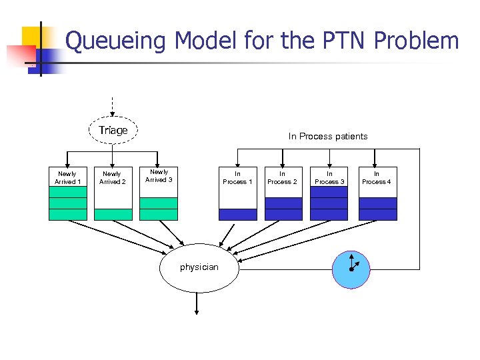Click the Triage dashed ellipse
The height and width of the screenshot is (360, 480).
[x=113, y=131]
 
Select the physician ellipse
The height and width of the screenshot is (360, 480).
[x=199, y=267]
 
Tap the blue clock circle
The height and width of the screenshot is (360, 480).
[x=351, y=269]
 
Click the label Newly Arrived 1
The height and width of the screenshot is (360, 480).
[x=68, y=177]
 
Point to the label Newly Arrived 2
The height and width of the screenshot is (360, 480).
[x=113, y=177]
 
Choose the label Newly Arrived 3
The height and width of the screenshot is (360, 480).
[x=159, y=176]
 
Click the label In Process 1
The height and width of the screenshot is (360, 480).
[x=237, y=177]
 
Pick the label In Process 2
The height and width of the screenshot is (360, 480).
[x=283, y=177]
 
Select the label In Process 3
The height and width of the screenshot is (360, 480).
[x=329, y=177]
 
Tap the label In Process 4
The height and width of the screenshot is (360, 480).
[x=377, y=177]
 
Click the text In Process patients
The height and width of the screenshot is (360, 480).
[x=328, y=137]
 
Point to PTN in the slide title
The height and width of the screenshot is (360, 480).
[x=340, y=41]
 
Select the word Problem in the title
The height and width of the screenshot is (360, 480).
[x=417, y=41]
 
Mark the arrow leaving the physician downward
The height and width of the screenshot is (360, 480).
[x=197, y=303]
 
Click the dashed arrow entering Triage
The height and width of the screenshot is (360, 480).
[x=113, y=107]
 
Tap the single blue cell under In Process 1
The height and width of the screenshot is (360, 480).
[x=237, y=214]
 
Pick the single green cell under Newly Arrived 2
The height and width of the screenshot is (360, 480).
[x=113, y=214]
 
